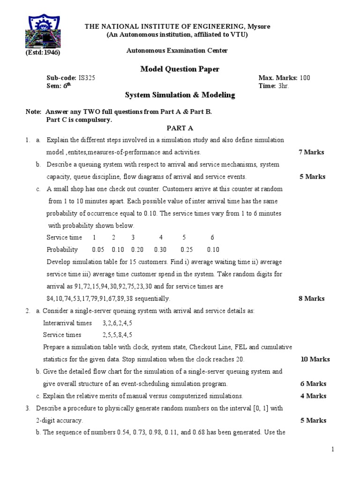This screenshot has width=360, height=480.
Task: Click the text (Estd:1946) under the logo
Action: click(x=43, y=52)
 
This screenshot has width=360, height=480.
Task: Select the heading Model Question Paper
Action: click(x=180, y=69)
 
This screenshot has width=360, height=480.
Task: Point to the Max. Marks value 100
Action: click(x=305, y=78)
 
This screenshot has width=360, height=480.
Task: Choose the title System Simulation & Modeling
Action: click(x=180, y=95)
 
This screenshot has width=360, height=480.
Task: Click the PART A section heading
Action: click(x=180, y=128)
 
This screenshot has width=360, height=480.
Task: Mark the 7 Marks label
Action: click(x=311, y=152)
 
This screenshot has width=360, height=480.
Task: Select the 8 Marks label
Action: click(x=311, y=299)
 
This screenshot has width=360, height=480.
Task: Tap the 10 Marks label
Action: click(x=315, y=360)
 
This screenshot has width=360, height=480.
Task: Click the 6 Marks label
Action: click(x=313, y=384)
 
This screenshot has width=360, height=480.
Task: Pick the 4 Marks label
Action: click(x=313, y=396)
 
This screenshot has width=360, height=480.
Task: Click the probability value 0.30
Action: click(x=160, y=250)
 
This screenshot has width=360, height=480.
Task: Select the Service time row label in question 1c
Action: click(x=64, y=238)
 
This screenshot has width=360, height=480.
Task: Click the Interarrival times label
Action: click(x=67, y=323)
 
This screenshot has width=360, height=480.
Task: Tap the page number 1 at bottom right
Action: click(x=333, y=450)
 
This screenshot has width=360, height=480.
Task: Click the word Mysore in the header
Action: click(x=259, y=27)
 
